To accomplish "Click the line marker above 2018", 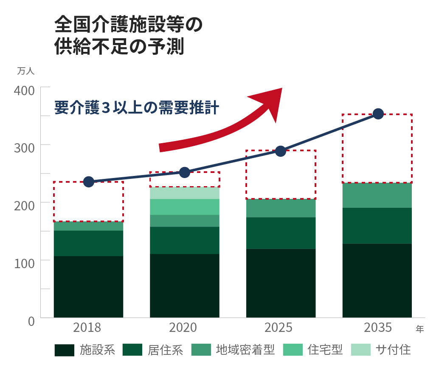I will pos(89,182).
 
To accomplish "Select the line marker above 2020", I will pos(185,172).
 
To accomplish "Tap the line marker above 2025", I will pos(281,151).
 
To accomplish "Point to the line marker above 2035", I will pos(378,114).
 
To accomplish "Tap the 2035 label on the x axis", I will pos(378,328).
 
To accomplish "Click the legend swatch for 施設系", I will pos(65,350).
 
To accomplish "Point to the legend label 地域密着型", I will pos(245,350).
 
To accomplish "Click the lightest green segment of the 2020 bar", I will pos(185,193).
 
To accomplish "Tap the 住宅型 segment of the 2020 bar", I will pos(185,207).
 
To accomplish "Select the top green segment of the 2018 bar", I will pos(88,226).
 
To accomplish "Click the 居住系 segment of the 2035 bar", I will pos(377,226).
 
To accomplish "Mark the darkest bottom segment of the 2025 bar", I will pos(281,283).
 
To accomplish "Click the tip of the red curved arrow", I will pos(281,89).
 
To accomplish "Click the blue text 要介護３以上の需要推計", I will pos(137,108).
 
